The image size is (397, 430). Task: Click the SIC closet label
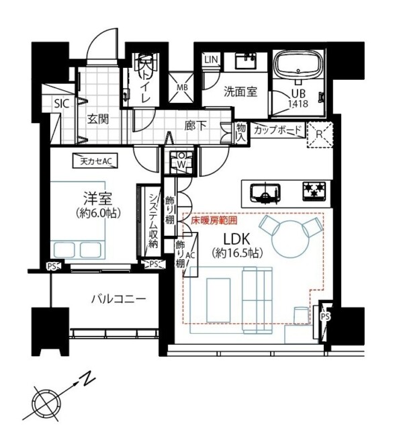(61, 104)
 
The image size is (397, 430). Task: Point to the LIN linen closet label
(211, 60)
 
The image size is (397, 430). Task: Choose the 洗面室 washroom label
(240, 93)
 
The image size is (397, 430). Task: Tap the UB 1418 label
(300, 99)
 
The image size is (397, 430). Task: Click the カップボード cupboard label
(278, 129)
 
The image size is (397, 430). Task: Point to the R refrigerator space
(320, 134)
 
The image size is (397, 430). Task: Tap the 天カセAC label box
(95, 161)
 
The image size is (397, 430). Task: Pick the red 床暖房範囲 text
(214, 220)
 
